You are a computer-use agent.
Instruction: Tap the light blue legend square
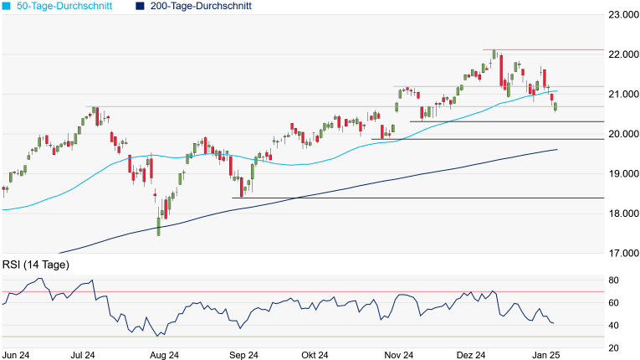click(x=6, y=6)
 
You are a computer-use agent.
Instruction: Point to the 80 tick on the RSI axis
click(x=613, y=280)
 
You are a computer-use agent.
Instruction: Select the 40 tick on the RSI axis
click(x=613, y=326)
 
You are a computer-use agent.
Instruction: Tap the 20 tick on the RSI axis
click(x=613, y=348)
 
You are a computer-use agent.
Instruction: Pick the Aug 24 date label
click(x=163, y=355)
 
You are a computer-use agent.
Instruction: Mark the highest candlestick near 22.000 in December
click(x=494, y=54)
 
